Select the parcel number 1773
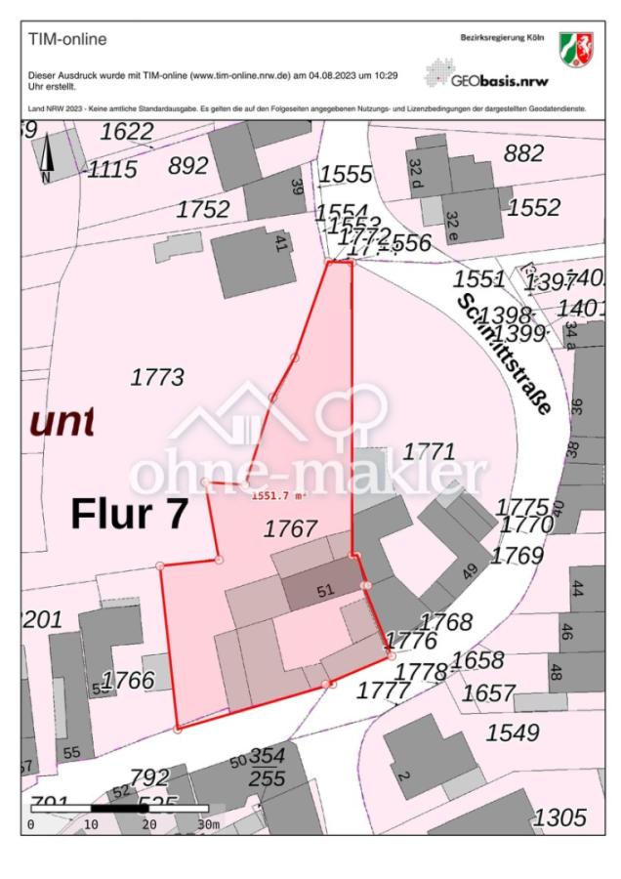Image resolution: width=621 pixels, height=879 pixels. [x=156, y=377]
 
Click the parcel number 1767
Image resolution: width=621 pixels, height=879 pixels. [x=291, y=528]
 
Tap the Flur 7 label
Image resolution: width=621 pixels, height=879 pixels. [x=128, y=514]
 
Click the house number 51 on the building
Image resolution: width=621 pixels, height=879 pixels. [x=326, y=591]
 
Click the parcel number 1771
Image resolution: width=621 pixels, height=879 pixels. [x=430, y=451]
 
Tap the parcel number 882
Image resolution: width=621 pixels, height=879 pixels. [x=523, y=153]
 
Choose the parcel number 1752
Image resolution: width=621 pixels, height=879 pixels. [x=203, y=209]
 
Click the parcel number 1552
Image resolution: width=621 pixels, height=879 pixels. [x=534, y=207]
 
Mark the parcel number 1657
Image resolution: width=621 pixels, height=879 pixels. [x=488, y=692]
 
